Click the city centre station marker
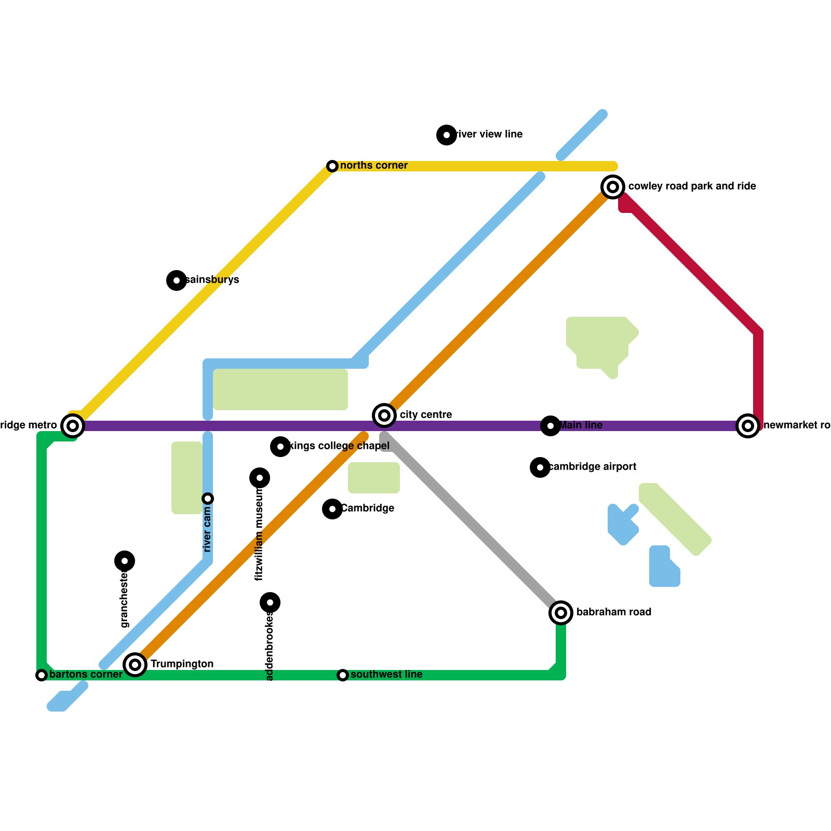point(384,415)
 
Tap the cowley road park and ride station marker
point(613,187)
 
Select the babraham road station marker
point(561,613)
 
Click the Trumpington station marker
point(135,665)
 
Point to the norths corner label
point(374,166)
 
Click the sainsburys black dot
point(177,280)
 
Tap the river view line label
point(489,135)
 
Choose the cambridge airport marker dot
point(540,467)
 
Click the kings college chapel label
point(340,446)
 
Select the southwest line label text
point(386,675)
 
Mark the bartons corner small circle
point(42,675)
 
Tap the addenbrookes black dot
point(270,602)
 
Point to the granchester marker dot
point(125,561)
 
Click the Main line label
point(581,425)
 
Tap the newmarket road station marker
point(748,426)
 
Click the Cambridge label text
point(367,508)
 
